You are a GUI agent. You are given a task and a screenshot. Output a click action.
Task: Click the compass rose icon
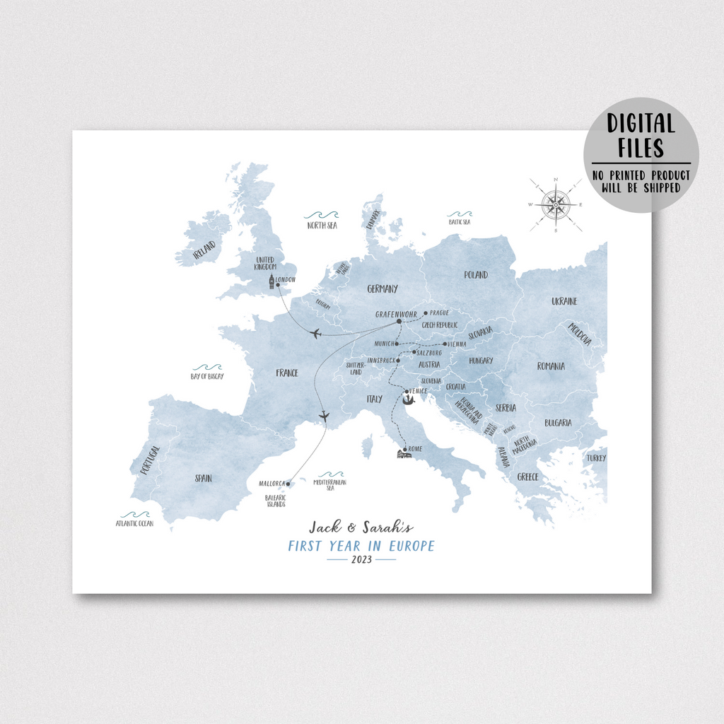[x=556, y=205]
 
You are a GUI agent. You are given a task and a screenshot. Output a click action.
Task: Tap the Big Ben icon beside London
[x=270, y=283]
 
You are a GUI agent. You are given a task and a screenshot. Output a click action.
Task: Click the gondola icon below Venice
[x=408, y=401]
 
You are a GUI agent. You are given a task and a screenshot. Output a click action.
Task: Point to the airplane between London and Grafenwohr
[x=315, y=333]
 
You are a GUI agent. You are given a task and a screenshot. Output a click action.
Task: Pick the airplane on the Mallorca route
[x=325, y=416]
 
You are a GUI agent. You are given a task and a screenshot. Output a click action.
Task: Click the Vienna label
[x=457, y=344]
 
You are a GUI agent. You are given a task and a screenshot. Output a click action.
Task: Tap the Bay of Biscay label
[x=207, y=376]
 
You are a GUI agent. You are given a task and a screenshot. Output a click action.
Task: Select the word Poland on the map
[x=476, y=274]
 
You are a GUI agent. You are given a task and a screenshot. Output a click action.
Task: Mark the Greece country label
[x=527, y=477]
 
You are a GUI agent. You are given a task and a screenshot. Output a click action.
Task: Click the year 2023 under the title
[x=361, y=559]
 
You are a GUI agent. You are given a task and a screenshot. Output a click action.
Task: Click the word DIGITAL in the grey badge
[x=641, y=124]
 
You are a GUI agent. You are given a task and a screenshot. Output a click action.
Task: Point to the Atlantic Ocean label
[x=134, y=524]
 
